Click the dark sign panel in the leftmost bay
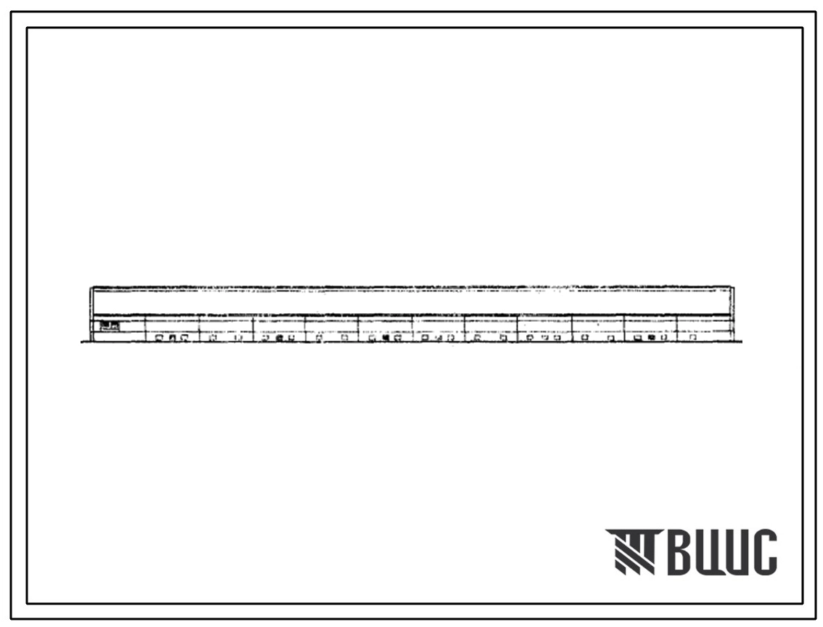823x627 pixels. tap(109, 325)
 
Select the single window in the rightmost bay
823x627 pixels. tap(693, 337)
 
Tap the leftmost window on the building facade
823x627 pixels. tap(159, 338)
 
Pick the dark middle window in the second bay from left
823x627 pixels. tap(171, 338)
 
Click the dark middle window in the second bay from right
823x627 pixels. tap(652, 337)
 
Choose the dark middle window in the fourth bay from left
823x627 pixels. tap(279, 338)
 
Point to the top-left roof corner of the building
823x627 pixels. tap(91, 287)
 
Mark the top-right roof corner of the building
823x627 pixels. tap(733, 287)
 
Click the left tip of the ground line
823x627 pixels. tap(81, 342)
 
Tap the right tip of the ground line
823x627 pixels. tap(742, 342)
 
